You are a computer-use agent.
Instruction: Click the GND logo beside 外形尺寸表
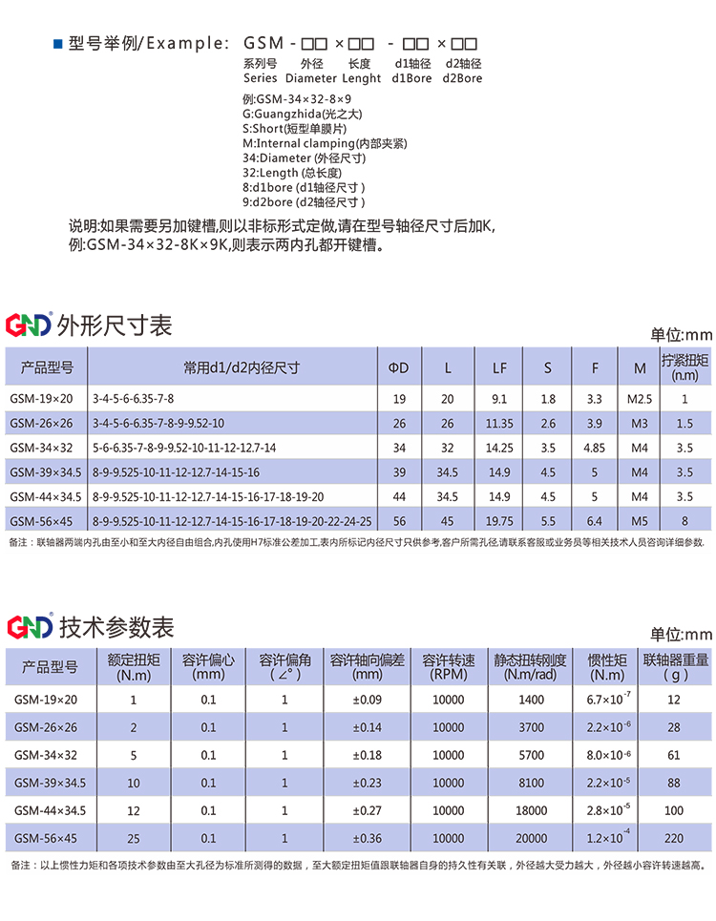click(x=29, y=326)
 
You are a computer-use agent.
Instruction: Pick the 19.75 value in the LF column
click(x=499, y=521)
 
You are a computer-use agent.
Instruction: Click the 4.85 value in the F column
click(x=594, y=448)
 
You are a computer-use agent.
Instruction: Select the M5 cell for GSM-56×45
click(x=640, y=521)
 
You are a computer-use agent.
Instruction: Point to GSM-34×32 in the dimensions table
click(x=41, y=448)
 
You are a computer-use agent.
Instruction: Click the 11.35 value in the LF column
click(x=499, y=423)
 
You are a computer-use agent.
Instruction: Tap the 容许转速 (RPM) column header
click(x=449, y=666)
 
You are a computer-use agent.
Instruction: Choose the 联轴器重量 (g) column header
click(x=675, y=666)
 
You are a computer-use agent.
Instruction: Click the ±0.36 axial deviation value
click(x=368, y=839)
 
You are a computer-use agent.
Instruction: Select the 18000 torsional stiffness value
click(x=532, y=811)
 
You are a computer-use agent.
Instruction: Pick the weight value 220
click(x=675, y=839)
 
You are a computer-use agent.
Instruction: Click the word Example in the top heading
click(x=188, y=44)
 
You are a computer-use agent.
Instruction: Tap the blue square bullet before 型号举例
click(x=57, y=44)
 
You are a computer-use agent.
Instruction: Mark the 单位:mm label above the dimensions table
click(x=682, y=335)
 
